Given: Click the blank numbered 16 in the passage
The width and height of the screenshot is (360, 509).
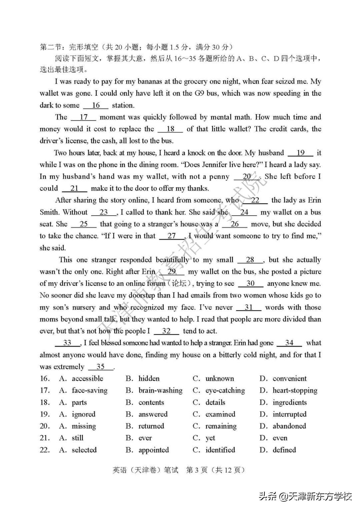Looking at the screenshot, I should (96, 105).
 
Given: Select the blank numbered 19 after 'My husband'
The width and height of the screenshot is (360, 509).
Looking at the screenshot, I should (300, 153).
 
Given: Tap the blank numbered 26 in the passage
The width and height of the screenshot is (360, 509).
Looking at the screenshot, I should (235, 224).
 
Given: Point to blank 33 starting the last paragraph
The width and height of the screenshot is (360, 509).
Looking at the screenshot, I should (67, 343).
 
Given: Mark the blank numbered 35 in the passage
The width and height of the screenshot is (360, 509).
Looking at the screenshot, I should (101, 367).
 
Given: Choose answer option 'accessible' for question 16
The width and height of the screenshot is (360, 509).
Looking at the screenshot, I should (87, 379).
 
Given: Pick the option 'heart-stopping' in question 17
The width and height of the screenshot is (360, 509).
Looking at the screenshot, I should (295, 390).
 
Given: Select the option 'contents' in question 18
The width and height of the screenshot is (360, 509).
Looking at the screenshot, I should (151, 402).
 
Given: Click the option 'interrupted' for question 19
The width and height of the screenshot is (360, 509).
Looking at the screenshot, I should (289, 414).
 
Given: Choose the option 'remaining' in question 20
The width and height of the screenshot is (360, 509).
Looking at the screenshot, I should (221, 426).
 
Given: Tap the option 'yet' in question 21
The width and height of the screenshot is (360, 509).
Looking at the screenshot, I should (210, 438).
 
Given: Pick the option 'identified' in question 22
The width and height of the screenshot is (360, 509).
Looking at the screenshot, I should (220, 450).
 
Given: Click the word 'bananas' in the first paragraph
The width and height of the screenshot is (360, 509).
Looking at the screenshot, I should (150, 82).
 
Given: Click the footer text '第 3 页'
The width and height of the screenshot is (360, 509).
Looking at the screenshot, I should (197, 470).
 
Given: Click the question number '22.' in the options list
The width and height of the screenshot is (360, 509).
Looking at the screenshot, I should (45, 450).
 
